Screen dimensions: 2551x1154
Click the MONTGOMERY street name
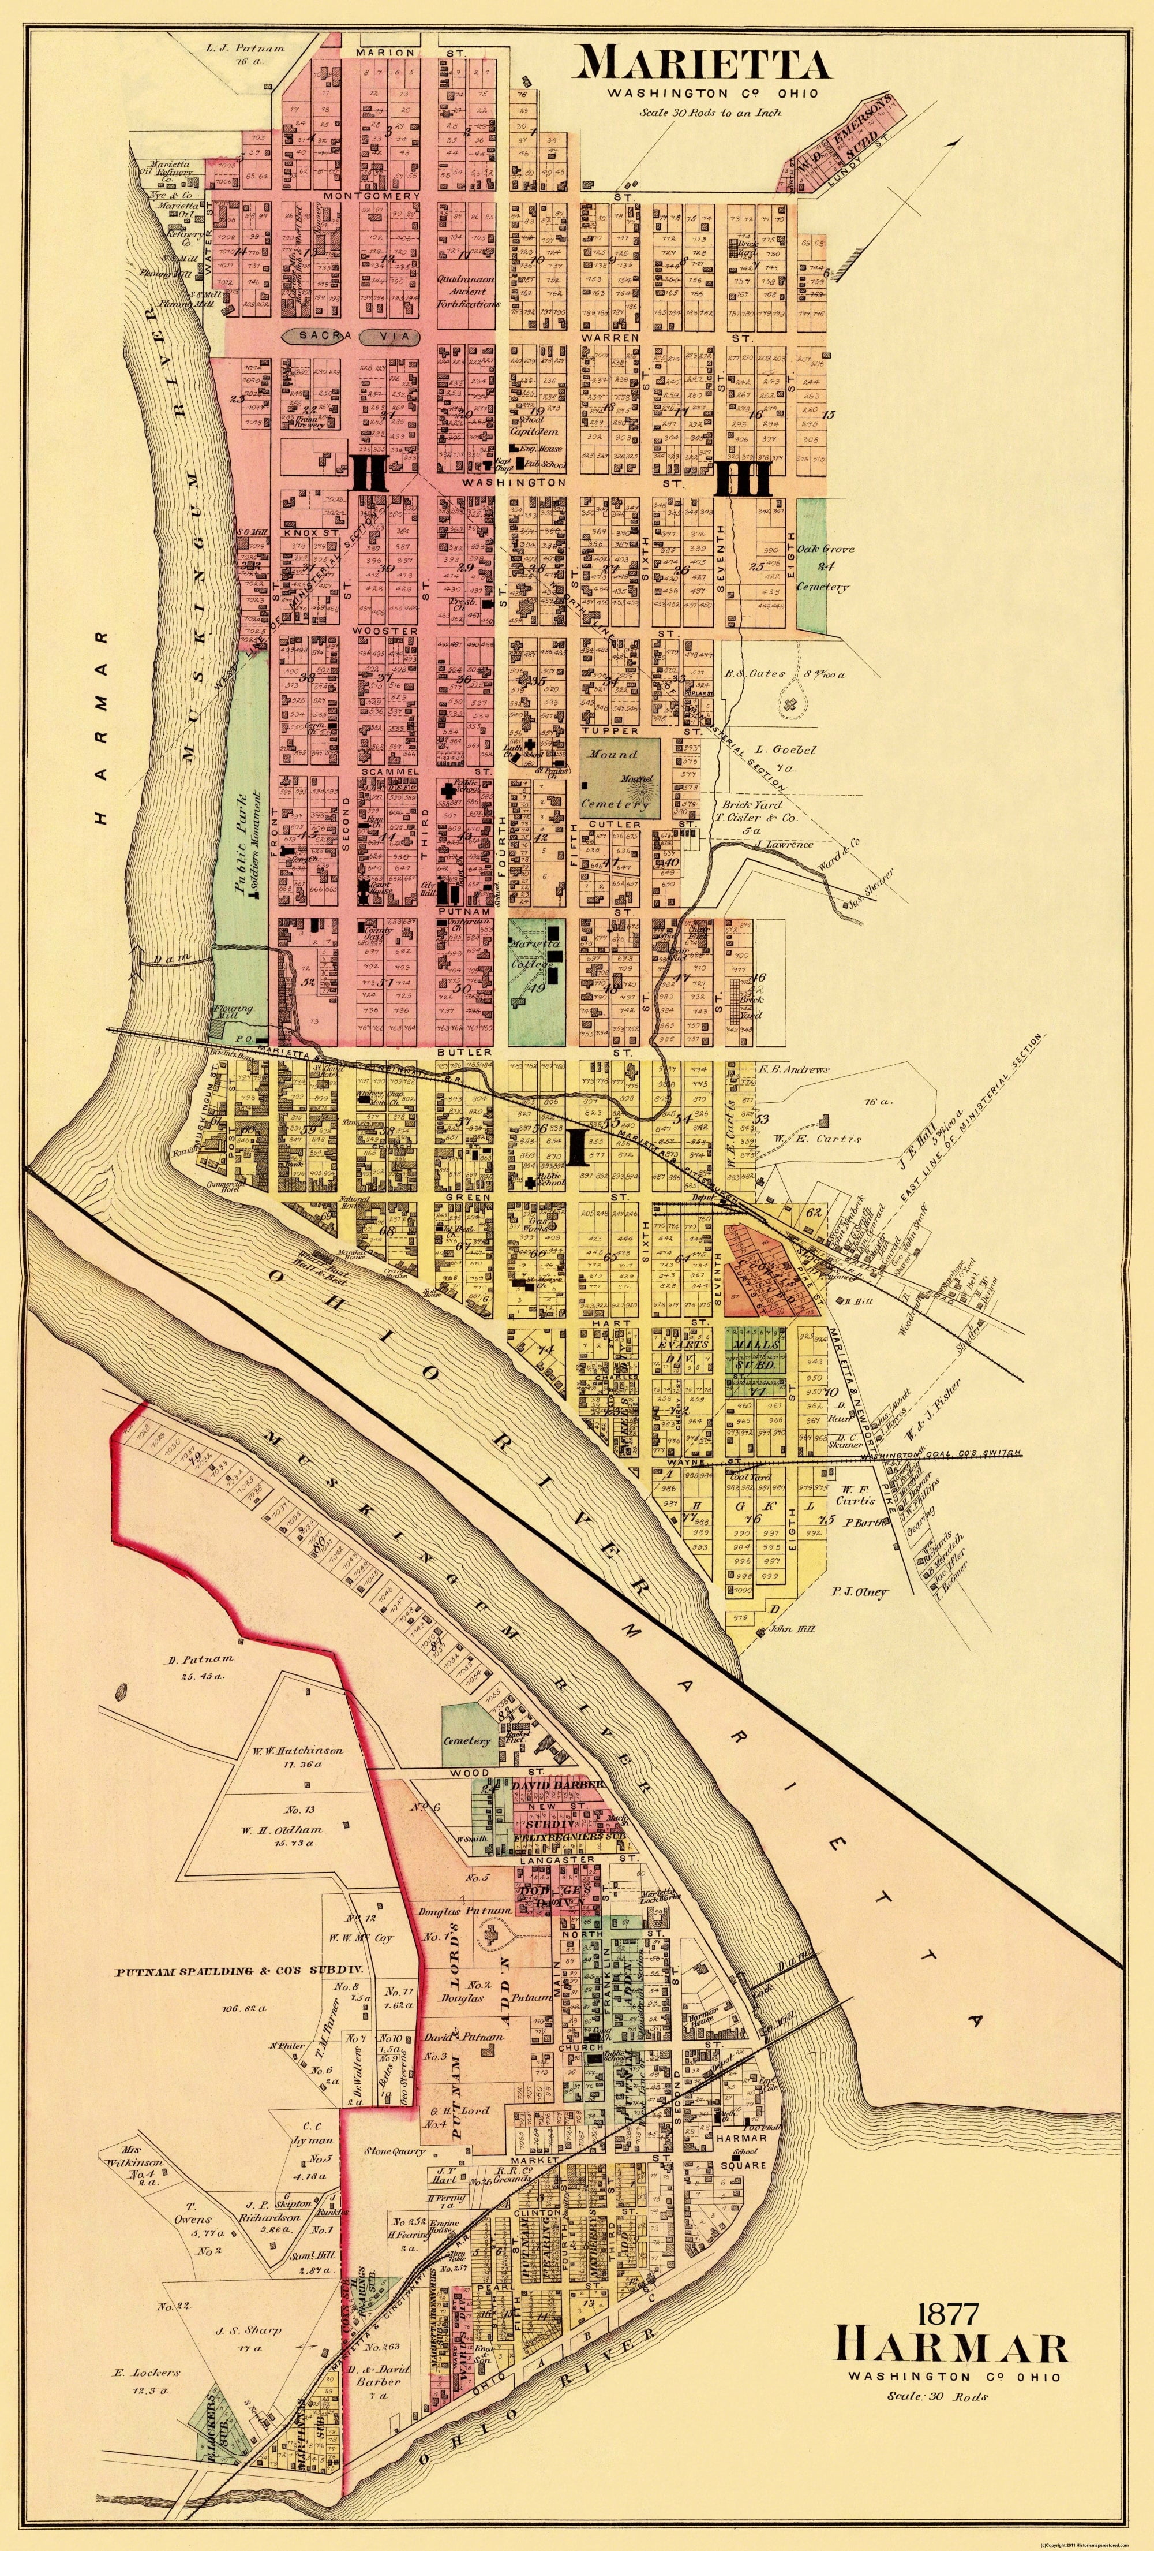(371, 196)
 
